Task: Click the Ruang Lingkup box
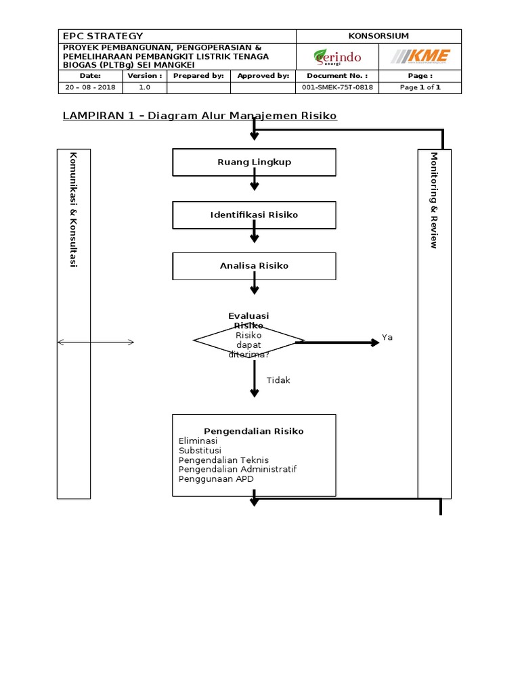[254, 162]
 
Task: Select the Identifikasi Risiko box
[254, 215]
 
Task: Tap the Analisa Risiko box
[254, 266]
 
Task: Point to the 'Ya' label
[387, 337]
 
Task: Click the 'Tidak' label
[278, 380]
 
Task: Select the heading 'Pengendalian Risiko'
[254, 431]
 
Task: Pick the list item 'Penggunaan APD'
[216, 478]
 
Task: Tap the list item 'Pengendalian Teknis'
[223, 460]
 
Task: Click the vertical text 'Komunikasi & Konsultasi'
[73, 210]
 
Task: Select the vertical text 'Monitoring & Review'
[434, 200]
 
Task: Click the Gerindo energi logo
[337, 57]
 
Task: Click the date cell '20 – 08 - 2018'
[90, 88]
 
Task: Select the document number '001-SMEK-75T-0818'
[337, 88]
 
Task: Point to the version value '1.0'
[145, 88]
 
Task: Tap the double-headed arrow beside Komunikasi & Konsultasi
[95, 343]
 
